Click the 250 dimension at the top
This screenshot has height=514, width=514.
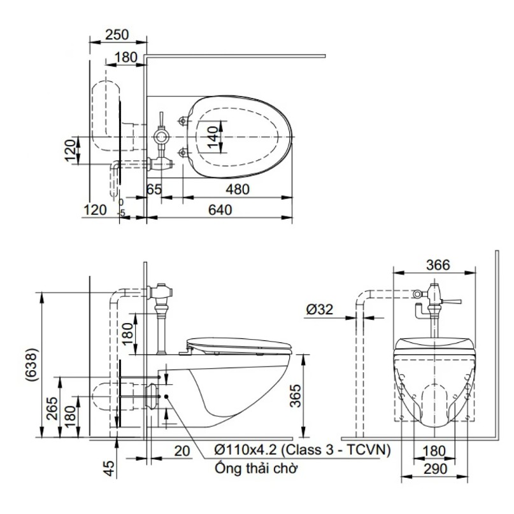pos(117,35)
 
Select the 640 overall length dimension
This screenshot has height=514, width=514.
pos(220,210)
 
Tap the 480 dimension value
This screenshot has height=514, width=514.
pos(238,190)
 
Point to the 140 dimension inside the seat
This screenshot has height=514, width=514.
pos(213,137)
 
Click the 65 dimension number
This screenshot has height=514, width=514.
pos(154,190)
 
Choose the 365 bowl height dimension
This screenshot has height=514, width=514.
pos(296,396)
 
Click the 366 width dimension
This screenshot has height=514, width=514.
pos(438,265)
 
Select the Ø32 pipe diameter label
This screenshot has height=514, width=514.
pos(319,309)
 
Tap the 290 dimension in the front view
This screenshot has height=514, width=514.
pos(435,469)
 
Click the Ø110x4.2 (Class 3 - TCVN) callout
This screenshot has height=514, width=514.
pos(303,450)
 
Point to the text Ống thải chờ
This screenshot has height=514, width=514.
pos(256,468)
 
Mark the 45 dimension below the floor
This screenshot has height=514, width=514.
pos(109,468)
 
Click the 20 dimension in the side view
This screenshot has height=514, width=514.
pos(182,451)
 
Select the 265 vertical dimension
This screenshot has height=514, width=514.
pos(52,408)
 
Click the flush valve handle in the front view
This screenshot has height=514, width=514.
pos(452,301)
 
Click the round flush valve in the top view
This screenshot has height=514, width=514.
pos(162,136)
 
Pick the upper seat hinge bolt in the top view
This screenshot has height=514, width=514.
pos(182,121)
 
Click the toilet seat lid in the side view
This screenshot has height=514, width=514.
pos(239,346)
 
